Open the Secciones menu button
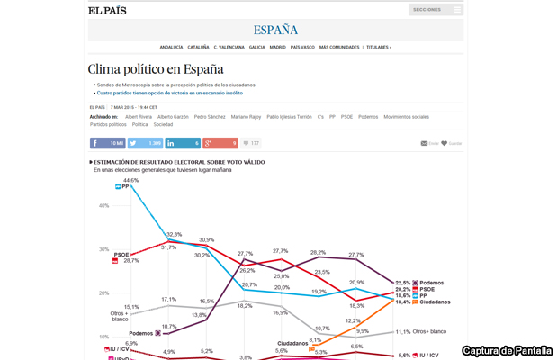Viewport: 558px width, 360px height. pos(436,10)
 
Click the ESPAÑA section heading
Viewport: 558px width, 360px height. pos(276,30)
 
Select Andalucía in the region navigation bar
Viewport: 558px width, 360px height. pos(171,47)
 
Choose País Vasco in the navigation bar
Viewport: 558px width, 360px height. pos(302,47)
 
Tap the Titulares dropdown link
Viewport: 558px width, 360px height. pos(378,47)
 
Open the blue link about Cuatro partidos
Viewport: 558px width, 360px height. pos(170,93)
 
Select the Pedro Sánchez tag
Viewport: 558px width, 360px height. pos(210,117)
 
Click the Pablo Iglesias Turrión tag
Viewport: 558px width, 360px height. pos(290,117)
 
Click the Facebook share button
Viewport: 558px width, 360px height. pos(108,143)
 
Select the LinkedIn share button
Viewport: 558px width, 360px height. pos(184,143)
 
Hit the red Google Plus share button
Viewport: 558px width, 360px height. pos(220,143)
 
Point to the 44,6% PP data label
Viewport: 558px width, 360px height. pos(130,181)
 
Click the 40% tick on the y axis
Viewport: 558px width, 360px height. pos(103,206)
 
